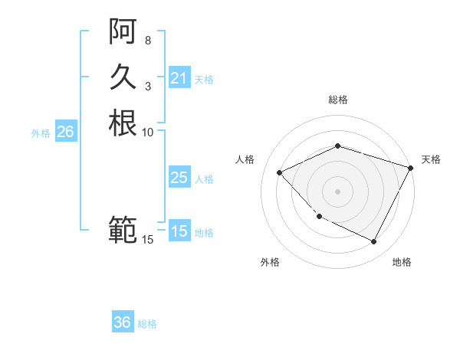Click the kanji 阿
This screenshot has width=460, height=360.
(123, 33)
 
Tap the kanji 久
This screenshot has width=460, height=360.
(123, 77)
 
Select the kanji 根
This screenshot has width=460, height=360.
(123, 123)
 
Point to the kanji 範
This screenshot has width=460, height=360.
(123, 229)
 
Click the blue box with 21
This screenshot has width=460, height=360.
(179, 78)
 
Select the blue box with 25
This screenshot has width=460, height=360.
(179, 178)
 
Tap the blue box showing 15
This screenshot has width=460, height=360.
(179, 231)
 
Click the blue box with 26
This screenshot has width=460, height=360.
(65, 132)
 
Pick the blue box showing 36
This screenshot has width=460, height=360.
(123, 322)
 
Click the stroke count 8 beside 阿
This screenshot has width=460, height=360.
(148, 40)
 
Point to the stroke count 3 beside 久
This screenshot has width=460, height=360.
(148, 86)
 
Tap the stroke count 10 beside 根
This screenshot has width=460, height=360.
(148, 132)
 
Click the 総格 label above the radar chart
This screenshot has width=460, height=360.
(338, 100)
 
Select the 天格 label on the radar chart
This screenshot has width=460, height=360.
(431, 159)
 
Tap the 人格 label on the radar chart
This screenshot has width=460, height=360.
(245, 159)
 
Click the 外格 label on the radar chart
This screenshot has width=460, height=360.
(270, 262)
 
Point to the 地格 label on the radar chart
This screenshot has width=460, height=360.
(402, 262)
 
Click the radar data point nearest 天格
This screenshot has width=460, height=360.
(412, 167)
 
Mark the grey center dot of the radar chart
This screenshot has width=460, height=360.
(338, 191)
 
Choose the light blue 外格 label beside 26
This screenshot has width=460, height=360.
(41, 133)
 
